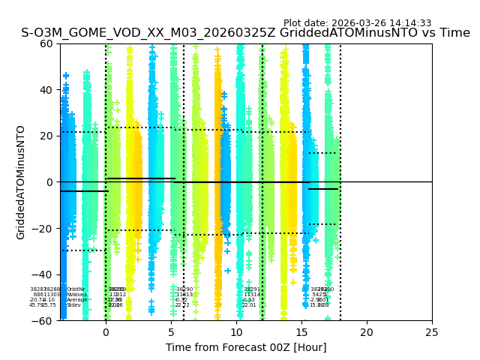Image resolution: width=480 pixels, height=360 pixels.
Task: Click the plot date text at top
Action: pyautogui.click(x=357, y=23)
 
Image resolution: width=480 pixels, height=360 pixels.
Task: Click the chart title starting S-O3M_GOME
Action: pyautogui.click(x=245, y=33)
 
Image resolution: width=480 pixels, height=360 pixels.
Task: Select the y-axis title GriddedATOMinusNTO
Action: pyautogui.click(x=21, y=182)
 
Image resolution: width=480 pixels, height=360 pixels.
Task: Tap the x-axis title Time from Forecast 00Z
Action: pyautogui.click(x=246, y=347)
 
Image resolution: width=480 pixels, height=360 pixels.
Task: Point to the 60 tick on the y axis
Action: pyautogui.click(x=46, y=43)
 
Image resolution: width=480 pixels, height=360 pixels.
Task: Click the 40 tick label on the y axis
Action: pyautogui.click(x=46, y=90)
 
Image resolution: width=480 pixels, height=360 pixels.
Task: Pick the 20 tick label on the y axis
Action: pyautogui.click(x=46, y=136)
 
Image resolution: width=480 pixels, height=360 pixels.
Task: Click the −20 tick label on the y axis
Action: pyautogui.click(x=43, y=229)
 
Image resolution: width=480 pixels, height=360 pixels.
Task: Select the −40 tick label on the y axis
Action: pyautogui.click(x=43, y=274)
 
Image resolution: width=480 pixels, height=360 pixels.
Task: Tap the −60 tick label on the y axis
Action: pyautogui.click(x=43, y=321)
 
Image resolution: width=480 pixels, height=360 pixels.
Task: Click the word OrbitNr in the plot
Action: pyautogui.click(x=76, y=289)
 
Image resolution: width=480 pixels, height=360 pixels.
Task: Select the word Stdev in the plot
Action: pyautogui.click(x=73, y=305)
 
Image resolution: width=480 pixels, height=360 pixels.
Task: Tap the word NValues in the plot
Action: pyautogui.click(x=76, y=295)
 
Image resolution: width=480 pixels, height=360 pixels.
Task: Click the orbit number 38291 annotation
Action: pyautogui.click(x=252, y=289)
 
